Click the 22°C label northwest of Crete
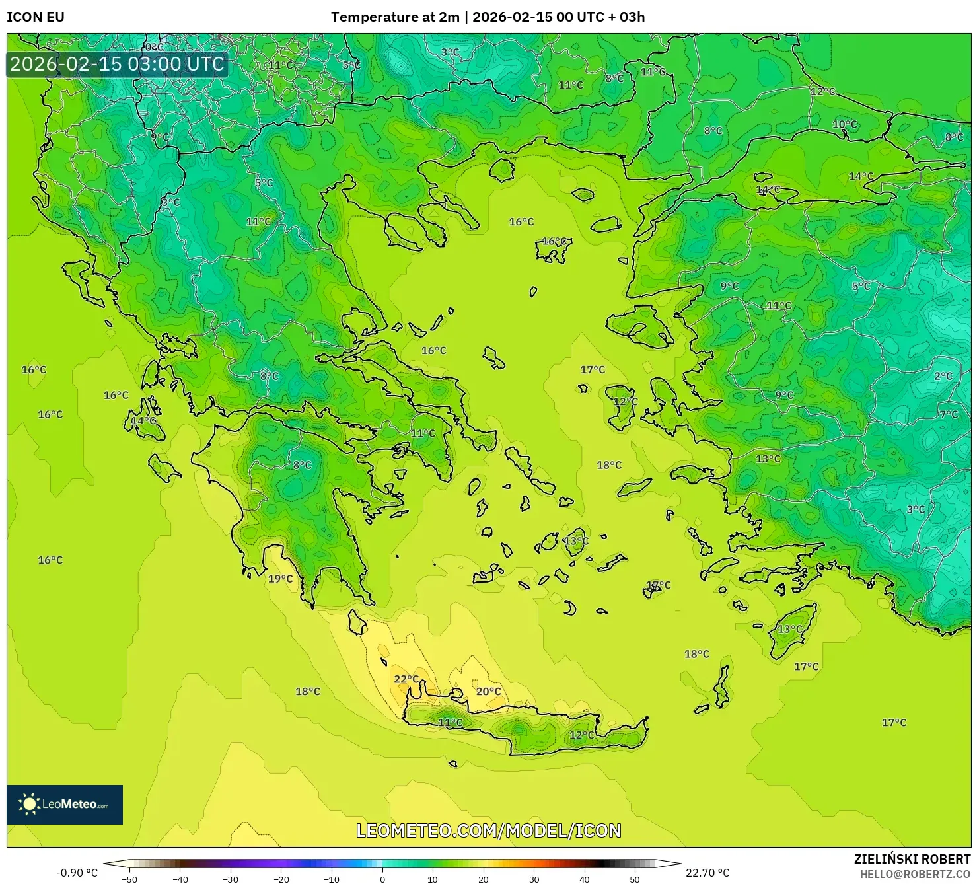(x=406, y=679)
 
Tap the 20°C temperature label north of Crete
(x=489, y=692)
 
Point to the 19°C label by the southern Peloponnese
(x=280, y=579)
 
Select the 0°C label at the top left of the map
(x=154, y=47)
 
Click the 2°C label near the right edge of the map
(x=943, y=376)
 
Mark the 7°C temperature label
(x=949, y=414)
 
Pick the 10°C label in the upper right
(x=844, y=124)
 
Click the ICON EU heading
(x=36, y=17)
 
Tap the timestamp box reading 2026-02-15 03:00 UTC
(x=117, y=64)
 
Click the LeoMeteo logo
(x=65, y=804)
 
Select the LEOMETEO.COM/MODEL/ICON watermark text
(x=489, y=830)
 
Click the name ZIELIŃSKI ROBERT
(x=912, y=860)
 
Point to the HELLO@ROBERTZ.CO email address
(x=915, y=874)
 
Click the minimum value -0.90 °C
(x=77, y=873)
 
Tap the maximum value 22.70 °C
(x=707, y=873)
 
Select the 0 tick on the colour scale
(x=382, y=879)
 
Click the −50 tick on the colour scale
(x=129, y=879)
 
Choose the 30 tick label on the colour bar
(x=534, y=879)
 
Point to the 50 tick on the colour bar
(x=635, y=879)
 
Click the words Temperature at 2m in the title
(x=395, y=17)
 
